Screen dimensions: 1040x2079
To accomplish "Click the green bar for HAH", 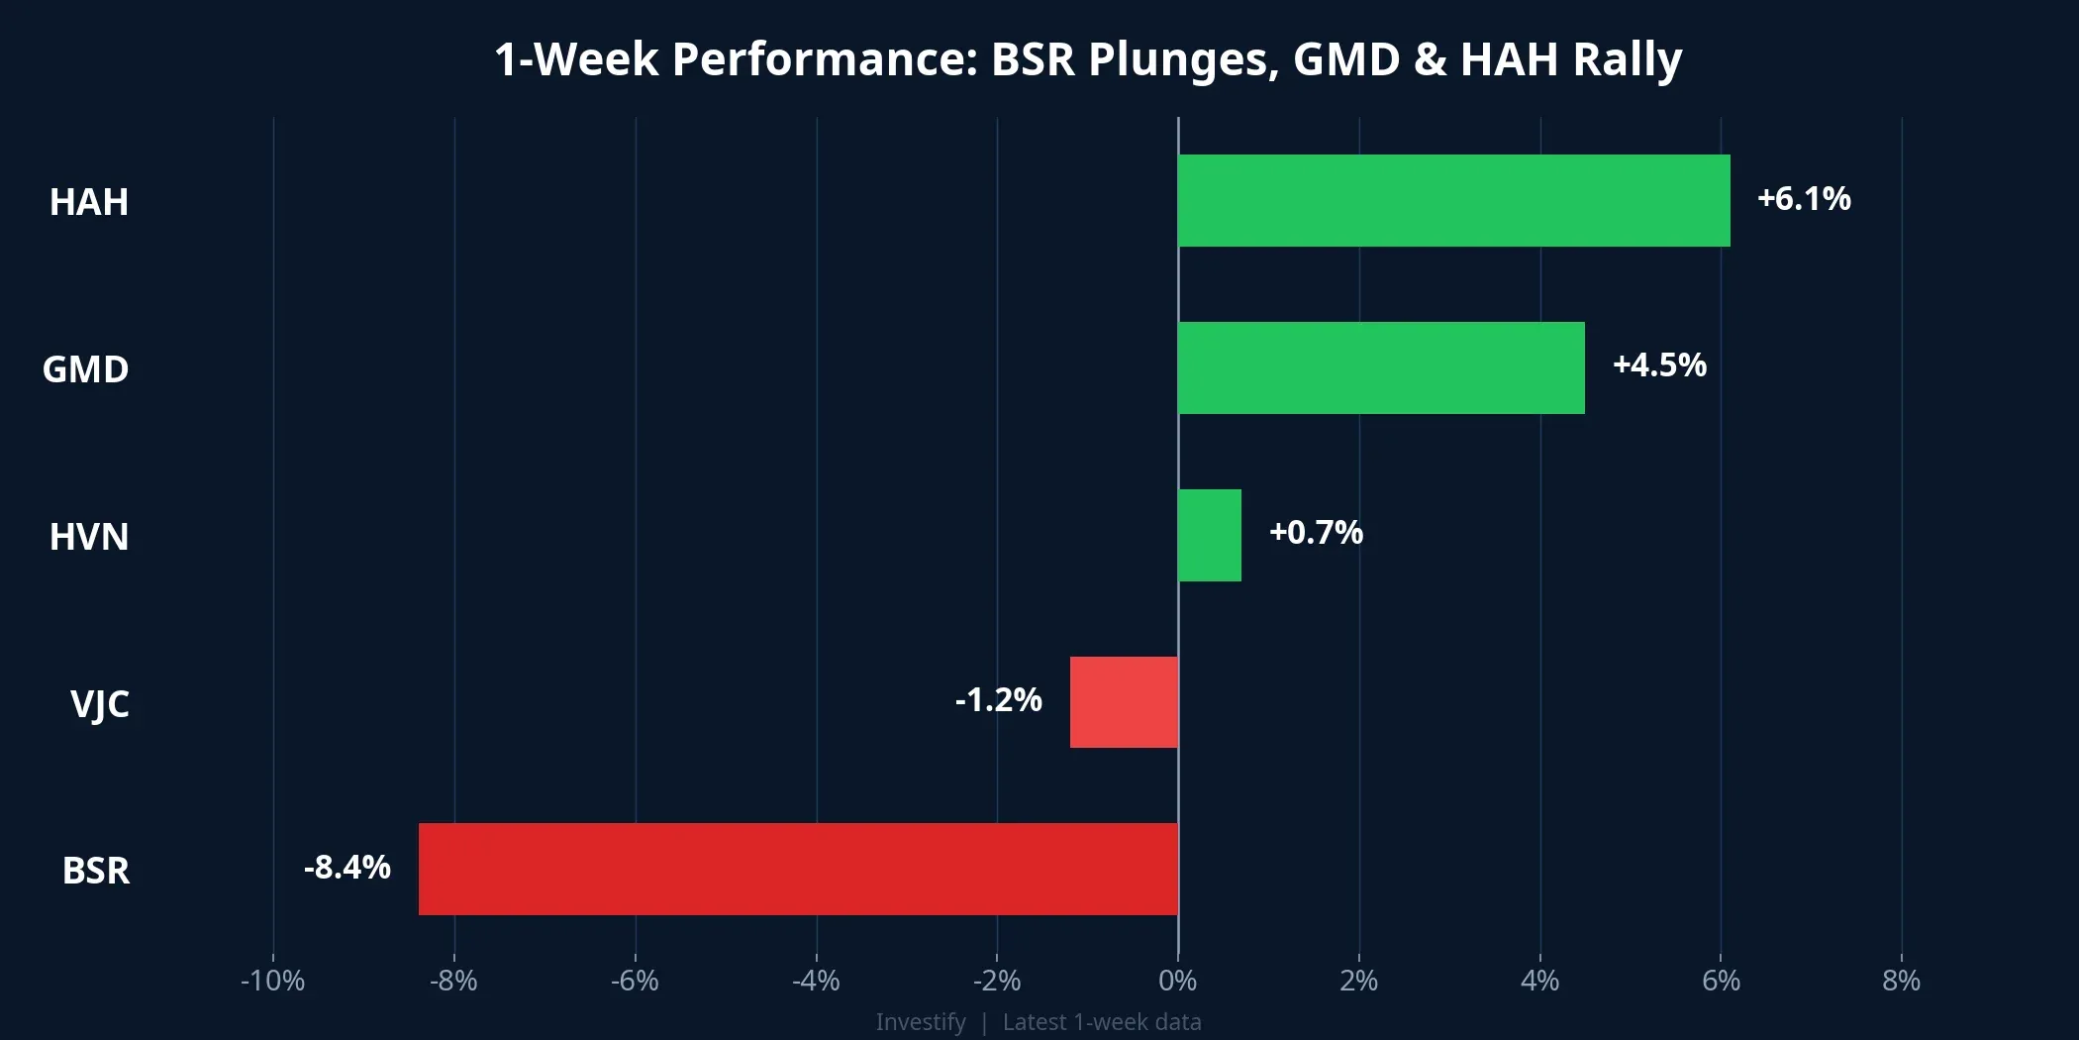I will click(x=1453, y=200).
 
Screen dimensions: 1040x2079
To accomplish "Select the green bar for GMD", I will click(x=1381, y=367).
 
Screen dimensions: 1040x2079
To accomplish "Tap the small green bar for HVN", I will click(x=1209, y=535).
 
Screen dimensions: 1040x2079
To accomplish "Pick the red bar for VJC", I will click(x=1124, y=701).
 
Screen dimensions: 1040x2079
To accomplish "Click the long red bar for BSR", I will click(x=798, y=869).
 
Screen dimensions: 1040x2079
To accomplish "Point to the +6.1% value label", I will click(x=1803, y=199).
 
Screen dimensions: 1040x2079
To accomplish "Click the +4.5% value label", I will click(x=1659, y=365).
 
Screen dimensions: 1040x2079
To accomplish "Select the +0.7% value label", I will click(x=1316, y=533).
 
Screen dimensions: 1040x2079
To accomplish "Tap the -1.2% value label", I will click(x=998, y=700).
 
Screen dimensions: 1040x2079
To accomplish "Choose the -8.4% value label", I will click(x=346, y=868).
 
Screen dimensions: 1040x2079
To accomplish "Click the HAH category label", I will click(x=89, y=202).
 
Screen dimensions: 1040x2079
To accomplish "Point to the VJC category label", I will click(x=99, y=704).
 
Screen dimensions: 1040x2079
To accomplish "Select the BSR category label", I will click(x=96, y=871).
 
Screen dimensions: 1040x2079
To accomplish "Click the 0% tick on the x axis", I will click(x=1177, y=981).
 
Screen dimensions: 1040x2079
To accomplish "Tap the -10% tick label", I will click(x=272, y=981).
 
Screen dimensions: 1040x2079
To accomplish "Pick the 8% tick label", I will click(x=1901, y=981).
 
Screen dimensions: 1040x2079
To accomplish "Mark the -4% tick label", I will click(x=816, y=981).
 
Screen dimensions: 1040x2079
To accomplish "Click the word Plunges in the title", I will click(x=1178, y=59).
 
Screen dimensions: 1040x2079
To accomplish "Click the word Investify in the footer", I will click(x=920, y=1022).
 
